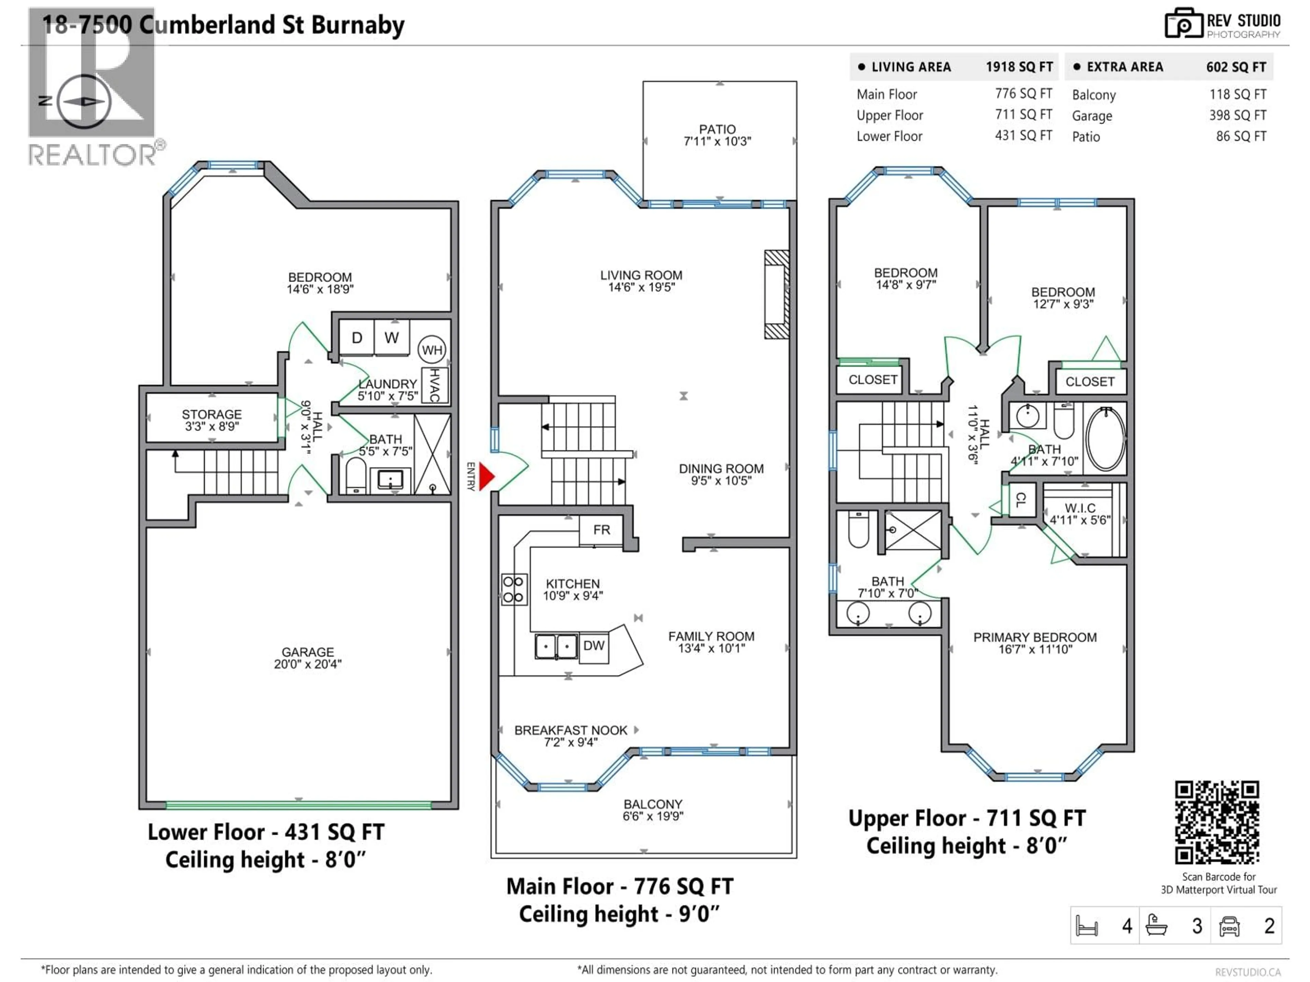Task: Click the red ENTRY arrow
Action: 486,476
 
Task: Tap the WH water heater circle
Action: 432,350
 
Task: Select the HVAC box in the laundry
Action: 434,385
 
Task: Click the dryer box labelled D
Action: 356,338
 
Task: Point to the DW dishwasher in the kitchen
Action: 593,646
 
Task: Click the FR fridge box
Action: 601,530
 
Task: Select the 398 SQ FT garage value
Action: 1237,116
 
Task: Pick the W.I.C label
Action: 1080,508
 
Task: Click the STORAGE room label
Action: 212,414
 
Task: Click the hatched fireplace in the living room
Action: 776,294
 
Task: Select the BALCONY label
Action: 653,804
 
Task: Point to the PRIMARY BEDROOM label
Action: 1035,638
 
